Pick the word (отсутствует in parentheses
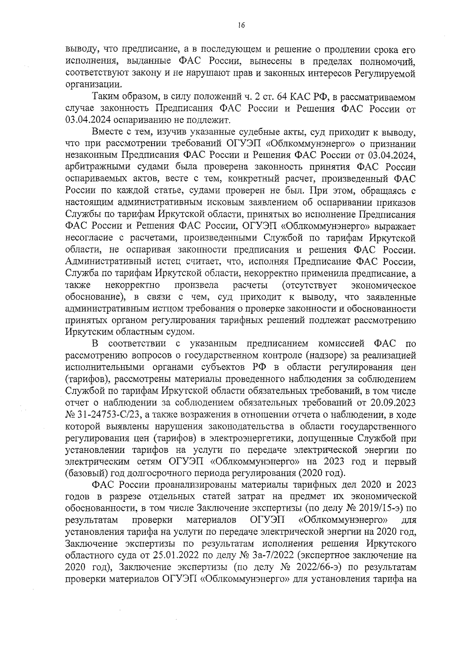(x=310, y=286)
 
